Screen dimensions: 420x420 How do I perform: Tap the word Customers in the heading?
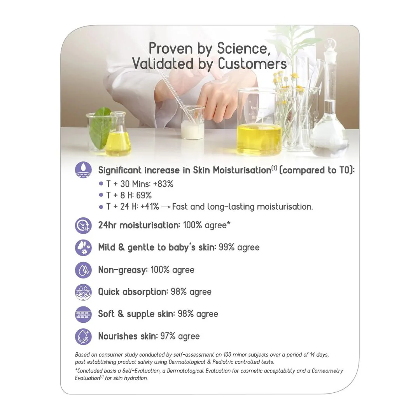(x=252, y=64)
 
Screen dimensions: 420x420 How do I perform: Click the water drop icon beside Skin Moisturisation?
(x=83, y=170)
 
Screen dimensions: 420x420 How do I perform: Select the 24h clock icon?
(x=83, y=226)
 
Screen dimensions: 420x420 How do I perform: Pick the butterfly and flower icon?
(x=83, y=248)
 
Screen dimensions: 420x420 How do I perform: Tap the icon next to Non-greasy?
(x=83, y=270)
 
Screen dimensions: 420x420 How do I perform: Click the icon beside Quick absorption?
(x=83, y=292)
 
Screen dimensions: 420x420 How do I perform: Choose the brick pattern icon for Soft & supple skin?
(x=83, y=315)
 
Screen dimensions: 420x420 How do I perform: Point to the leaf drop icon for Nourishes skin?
(x=83, y=337)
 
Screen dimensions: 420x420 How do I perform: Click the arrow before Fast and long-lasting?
(x=166, y=207)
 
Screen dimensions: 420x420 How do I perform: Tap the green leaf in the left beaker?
(x=100, y=128)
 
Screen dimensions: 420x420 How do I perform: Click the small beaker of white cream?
(x=192, y=122)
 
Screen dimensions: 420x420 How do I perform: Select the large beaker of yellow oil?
(x=259, y=122)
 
